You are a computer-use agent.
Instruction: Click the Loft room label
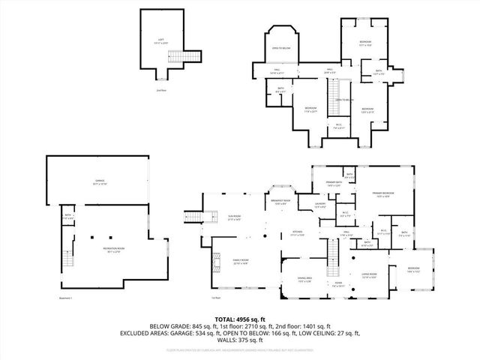pos(160,40)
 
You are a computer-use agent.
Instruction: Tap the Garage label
pos(99,182)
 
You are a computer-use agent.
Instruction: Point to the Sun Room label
pos(235,216)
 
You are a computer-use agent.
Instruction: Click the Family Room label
pos(240,261)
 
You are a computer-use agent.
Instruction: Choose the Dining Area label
pos(305,280)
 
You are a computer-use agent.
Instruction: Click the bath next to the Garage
pos(67,216)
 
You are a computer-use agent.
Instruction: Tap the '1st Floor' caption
pos(217,298)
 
